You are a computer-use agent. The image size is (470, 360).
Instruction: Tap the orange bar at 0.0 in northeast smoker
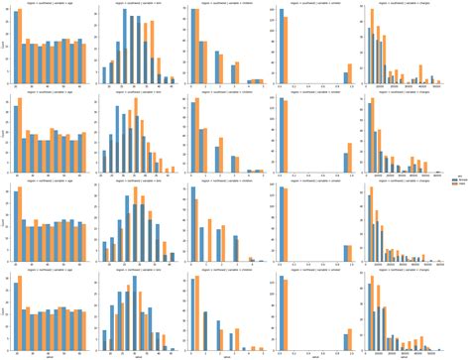click(x=286, y=289)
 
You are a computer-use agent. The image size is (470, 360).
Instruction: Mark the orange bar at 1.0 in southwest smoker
click(x=349, y=75)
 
